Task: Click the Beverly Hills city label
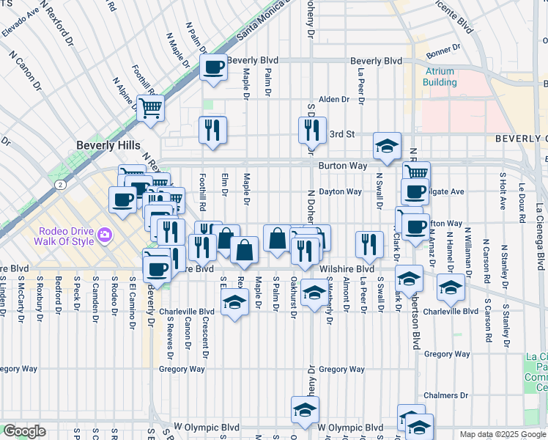click(x=108, y=146)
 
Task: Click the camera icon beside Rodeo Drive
click(x=105, y=235)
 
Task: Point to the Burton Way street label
click(x=342, y=166)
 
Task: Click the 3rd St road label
click(x=341, y=134)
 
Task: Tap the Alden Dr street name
click(x=333, y=99)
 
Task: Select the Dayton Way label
click(x=340, y=191)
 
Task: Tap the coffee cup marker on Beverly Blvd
click(x=213, y=67)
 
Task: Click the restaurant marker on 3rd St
click(x=313, y=130)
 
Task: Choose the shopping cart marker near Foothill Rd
click(x=150, y=109)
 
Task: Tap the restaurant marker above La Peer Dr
click(x=369, y=244)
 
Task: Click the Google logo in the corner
click(x=24, y=431)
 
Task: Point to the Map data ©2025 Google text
click(x=503, y=434)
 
